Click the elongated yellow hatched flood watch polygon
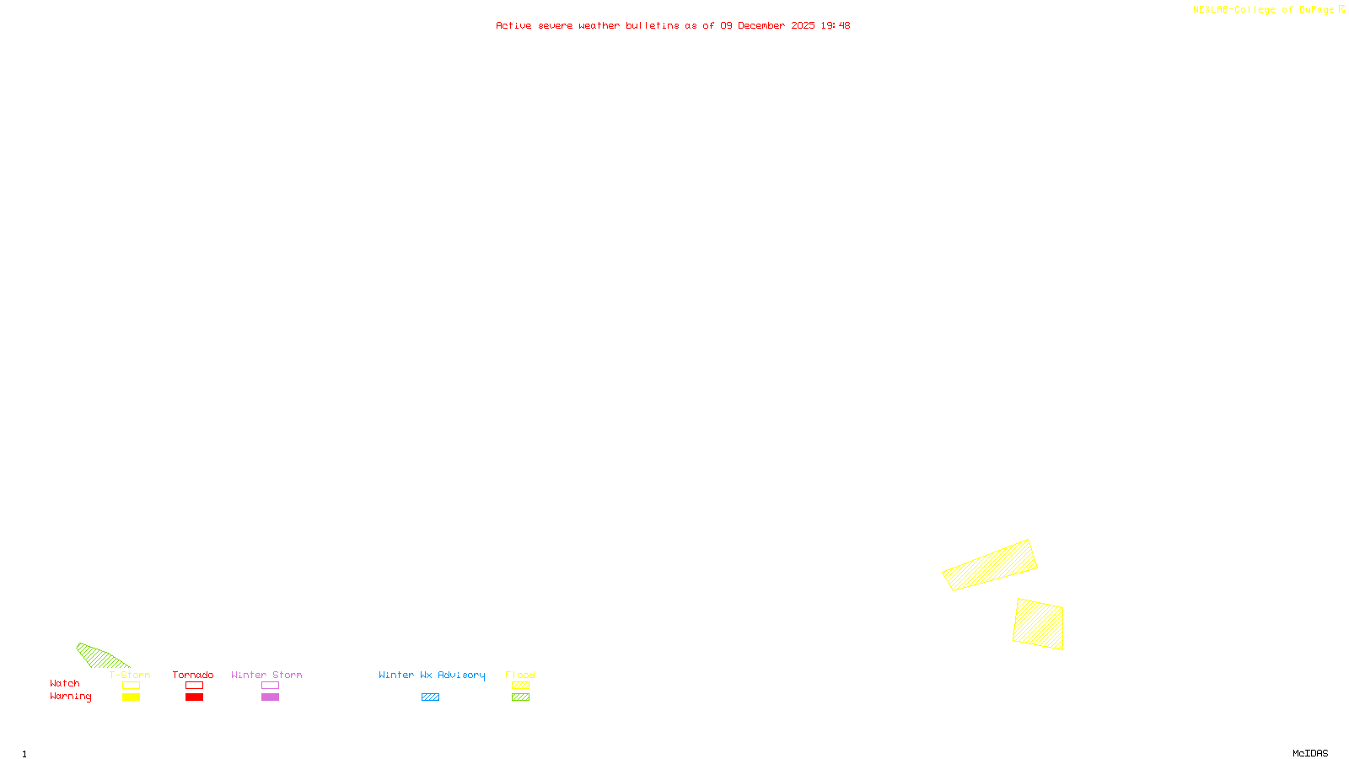[990, 565]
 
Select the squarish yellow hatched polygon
[1038, 624]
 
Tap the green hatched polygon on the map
[99, 656]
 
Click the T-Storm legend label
[130, 675]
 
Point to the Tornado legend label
[193, 675]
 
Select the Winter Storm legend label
[266, 675]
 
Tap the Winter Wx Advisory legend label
[432, 675]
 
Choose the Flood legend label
[520, 675]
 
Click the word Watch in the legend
[65, 683]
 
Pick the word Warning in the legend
[70, 697]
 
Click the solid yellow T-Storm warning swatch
[131, 697]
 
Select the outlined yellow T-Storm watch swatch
[131, 686]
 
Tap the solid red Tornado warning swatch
[194, 697]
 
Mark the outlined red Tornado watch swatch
[194, 686]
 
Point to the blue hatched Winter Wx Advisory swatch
[430, 697]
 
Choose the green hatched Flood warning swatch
[520, 697]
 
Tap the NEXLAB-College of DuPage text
[1264, 9]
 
